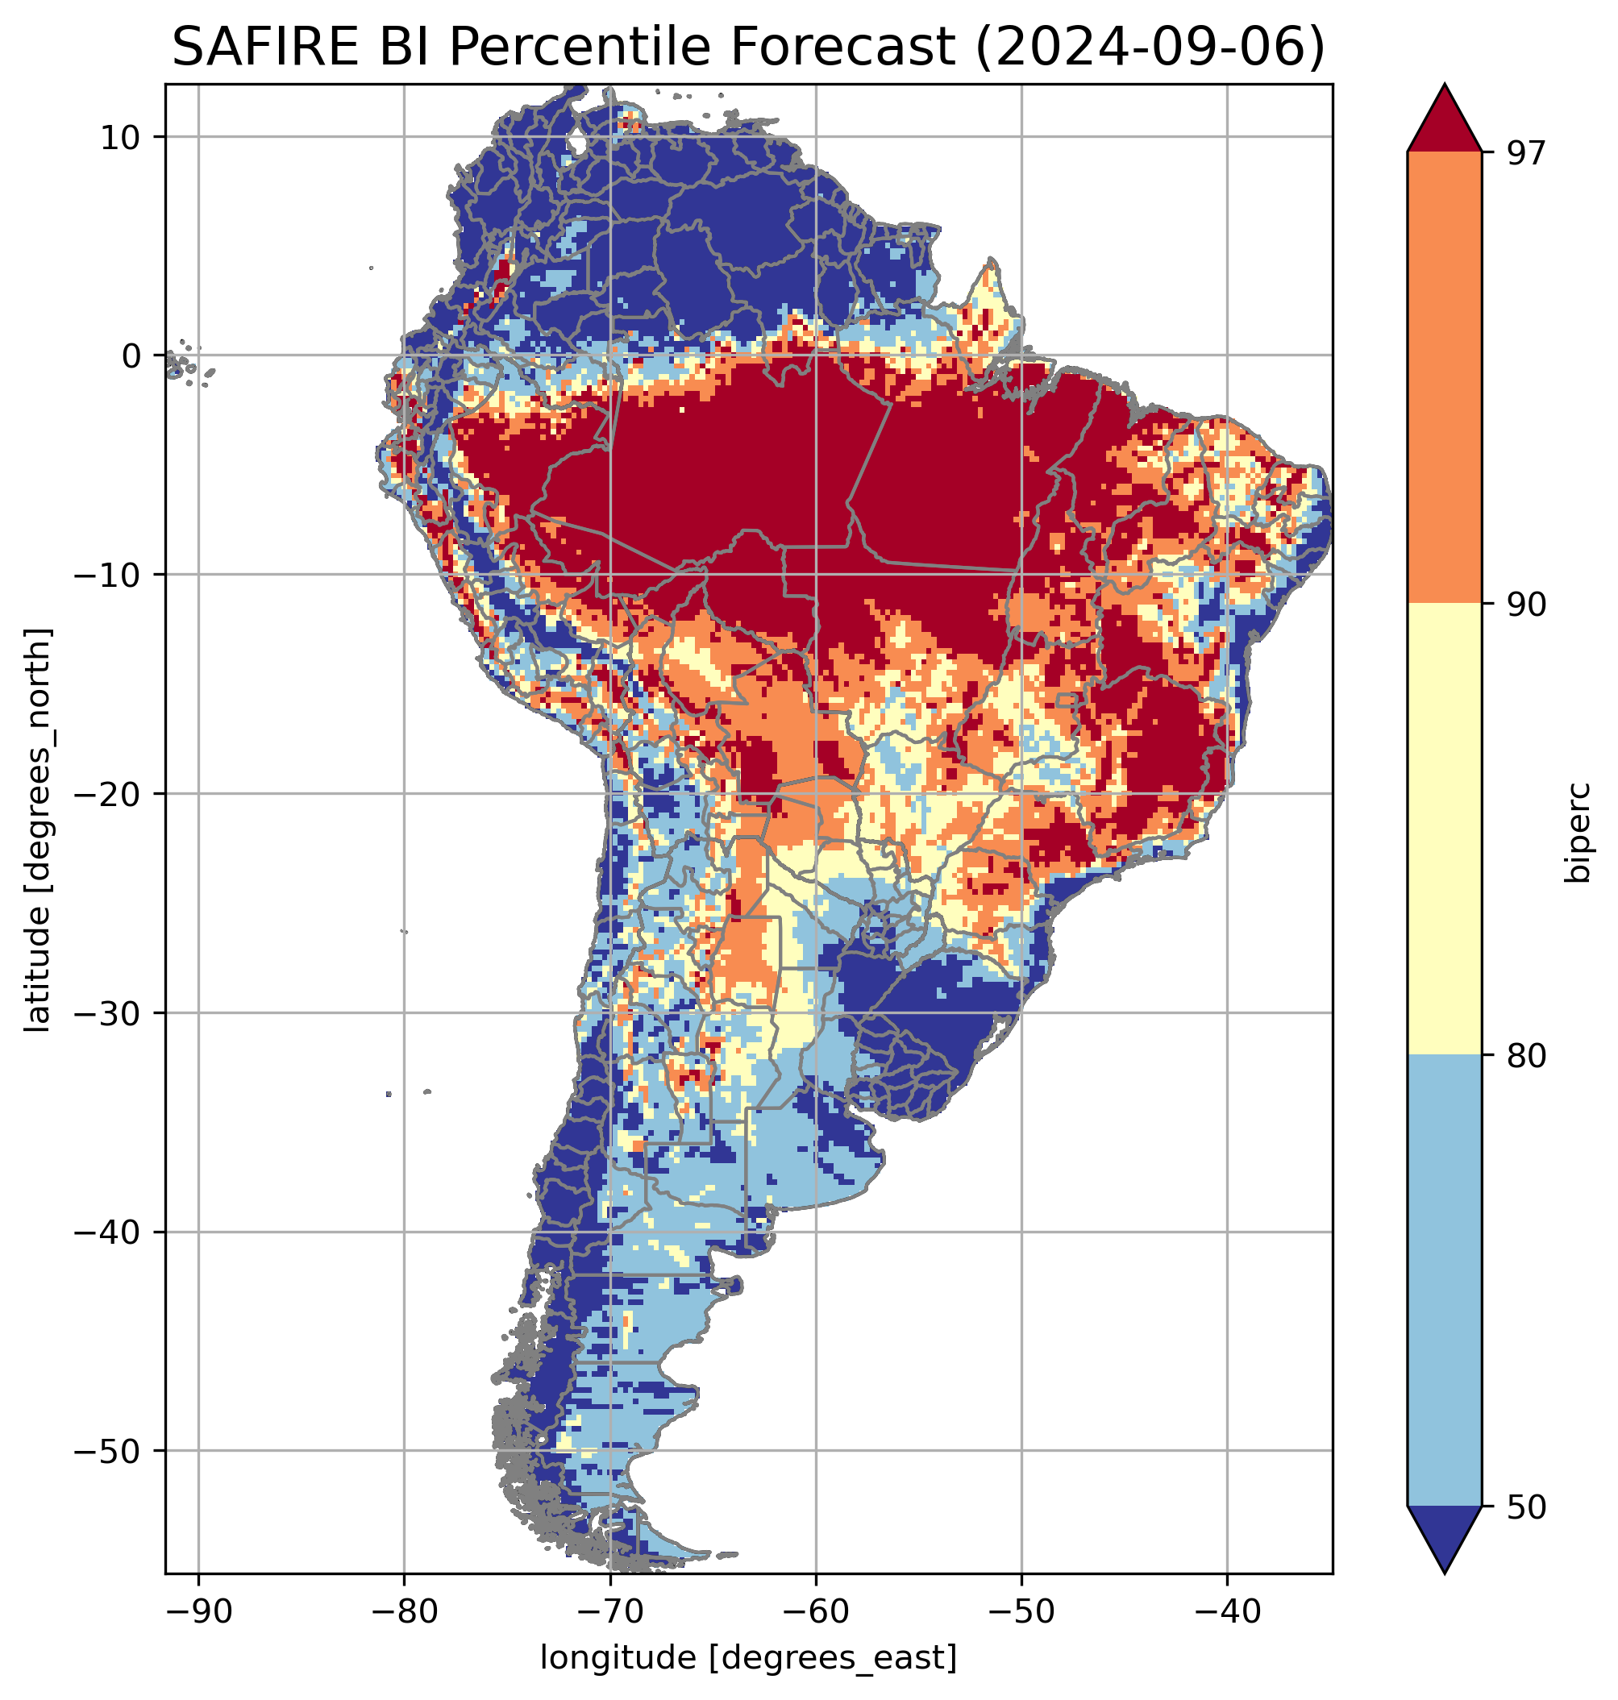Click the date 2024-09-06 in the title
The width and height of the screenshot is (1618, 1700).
pyautogui.click(x=1150, y=47)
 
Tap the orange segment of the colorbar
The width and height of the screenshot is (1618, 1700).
pyautogui.click(x=1444, y=378)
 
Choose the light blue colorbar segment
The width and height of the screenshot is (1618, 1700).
pyautogui.click(x=1444, y=1281)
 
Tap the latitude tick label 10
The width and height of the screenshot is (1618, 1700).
pyautogui.click(x=121, y=137)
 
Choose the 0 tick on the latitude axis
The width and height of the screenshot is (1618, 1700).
pyautogui.click(x=132, y=356)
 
